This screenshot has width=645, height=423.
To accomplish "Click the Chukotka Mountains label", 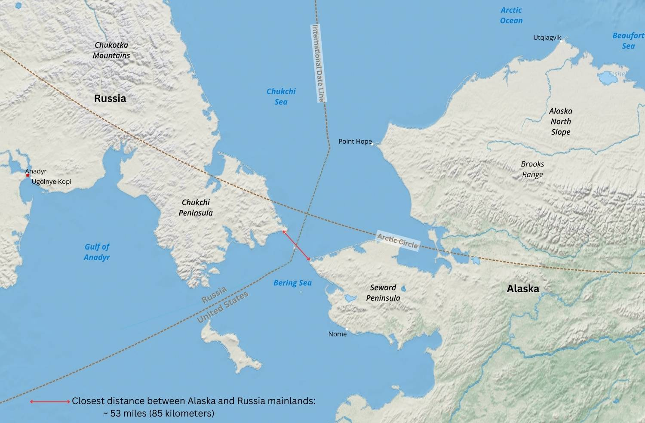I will (111, 50).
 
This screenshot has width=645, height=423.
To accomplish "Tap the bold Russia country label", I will (110, 99).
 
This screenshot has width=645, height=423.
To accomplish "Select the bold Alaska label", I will (523, 289).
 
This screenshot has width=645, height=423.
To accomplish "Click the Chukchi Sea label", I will (281, 96).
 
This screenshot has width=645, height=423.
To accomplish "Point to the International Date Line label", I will (318, 63).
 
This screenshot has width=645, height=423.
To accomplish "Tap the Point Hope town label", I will (355, 142).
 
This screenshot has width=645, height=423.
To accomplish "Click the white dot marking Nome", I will (347, 329).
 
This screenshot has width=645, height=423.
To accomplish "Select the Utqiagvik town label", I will (547, 38).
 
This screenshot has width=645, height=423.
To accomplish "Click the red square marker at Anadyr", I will (28, 175).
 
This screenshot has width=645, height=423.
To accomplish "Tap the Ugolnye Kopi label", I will (52, 182).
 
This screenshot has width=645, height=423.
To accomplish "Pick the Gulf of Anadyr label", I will (97, 252).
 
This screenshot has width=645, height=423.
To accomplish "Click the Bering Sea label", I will (292, 283).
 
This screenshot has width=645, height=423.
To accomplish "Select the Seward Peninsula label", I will (383, 293).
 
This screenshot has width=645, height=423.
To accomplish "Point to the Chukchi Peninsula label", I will (196, 207).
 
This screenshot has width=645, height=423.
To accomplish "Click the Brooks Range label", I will (532, 169).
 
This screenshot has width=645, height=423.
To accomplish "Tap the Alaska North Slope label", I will (561, 121).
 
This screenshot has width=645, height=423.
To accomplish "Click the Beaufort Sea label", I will (628, 41).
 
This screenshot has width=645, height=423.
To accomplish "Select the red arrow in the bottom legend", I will (50, 401).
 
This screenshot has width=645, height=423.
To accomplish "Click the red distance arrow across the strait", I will (296, 245).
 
